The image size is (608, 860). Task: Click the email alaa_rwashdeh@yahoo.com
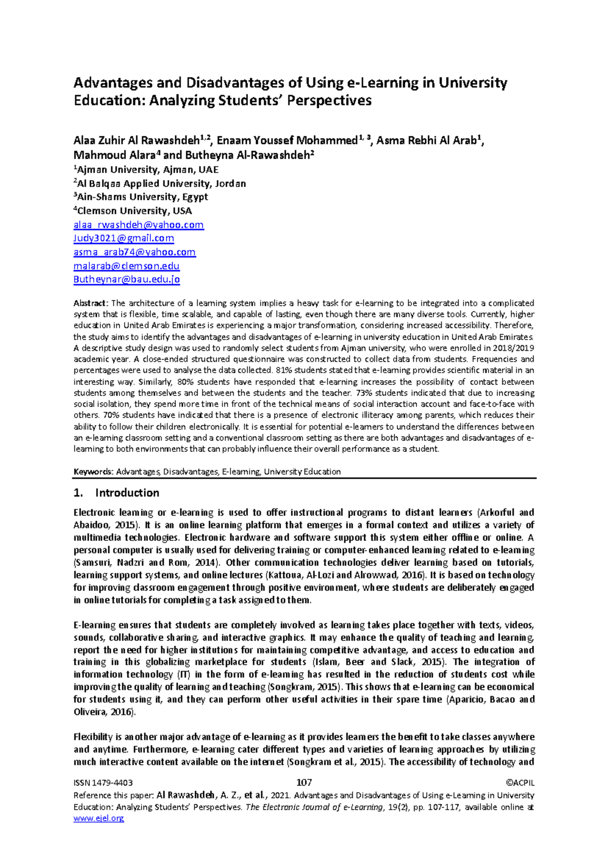138,225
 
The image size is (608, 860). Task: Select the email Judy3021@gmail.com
124,238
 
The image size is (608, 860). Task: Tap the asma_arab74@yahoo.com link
134,252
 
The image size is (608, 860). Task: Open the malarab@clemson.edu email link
126,266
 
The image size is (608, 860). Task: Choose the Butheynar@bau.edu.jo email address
127,279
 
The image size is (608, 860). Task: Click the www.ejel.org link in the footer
98,818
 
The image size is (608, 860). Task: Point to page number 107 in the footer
303,782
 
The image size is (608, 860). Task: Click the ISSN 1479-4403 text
103,783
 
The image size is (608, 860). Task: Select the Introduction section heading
127,493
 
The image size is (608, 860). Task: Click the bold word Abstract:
91,303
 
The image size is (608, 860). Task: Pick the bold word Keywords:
94,472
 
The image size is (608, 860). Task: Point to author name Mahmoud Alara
113,155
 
